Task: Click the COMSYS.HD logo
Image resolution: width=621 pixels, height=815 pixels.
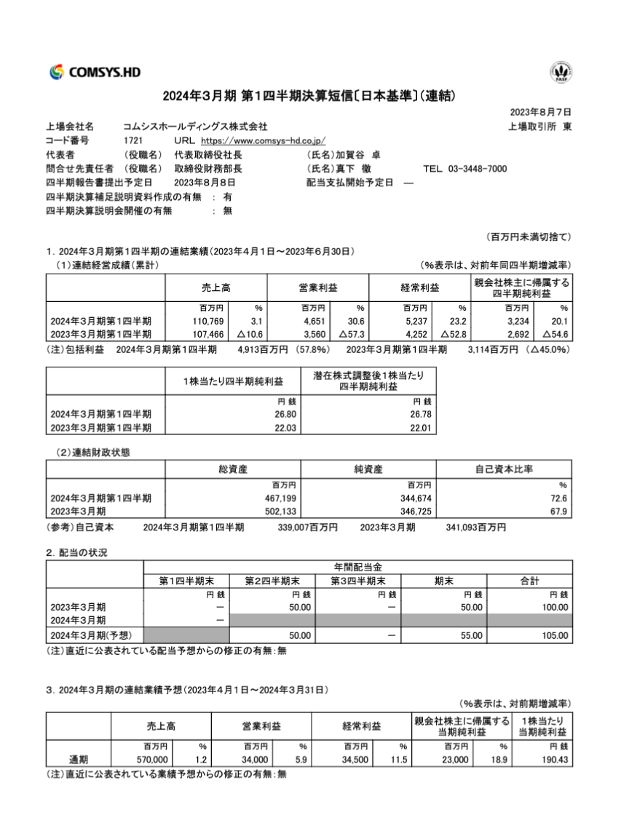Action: tap(95, 71)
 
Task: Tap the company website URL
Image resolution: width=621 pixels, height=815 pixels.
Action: tap(263, 140)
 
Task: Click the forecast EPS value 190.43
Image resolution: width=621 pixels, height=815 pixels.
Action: tap(553, 760)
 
